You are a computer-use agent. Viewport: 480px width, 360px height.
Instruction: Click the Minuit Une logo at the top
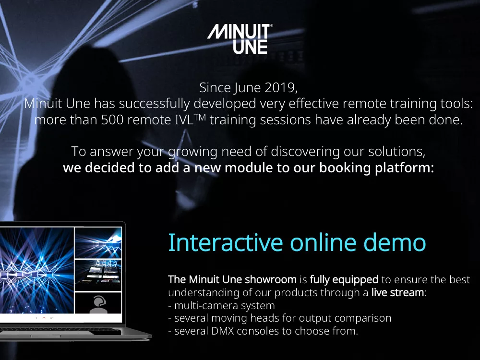click(x=240, y=39)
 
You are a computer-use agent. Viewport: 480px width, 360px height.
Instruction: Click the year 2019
click(x=281, y=87)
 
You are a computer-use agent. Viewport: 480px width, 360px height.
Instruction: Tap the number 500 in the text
click(x=113, y=120)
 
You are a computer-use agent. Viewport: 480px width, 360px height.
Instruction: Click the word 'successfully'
click(x=155, y=104)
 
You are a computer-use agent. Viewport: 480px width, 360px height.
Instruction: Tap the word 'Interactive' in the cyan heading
click(x=225, y=242)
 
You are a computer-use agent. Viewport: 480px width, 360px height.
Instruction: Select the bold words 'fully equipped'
click(x=344, y=280)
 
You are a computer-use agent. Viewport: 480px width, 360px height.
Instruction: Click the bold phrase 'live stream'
click(x=397, y=293)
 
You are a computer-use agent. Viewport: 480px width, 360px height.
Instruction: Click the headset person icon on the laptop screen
click(x=98, y=303)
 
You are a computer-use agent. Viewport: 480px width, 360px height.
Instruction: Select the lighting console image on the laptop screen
click(x=98, y=275)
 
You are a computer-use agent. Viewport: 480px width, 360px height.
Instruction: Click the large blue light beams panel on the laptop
click(x=37, y=270)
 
